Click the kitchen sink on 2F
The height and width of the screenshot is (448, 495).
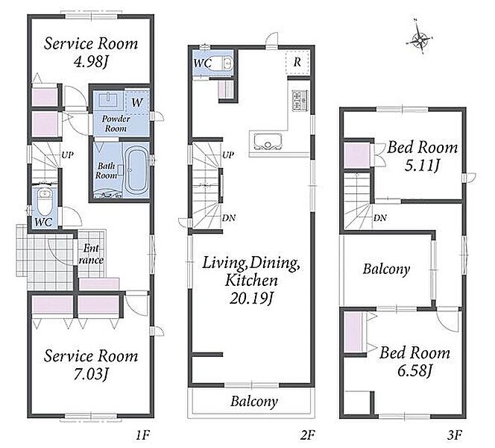click(x=268, y=141)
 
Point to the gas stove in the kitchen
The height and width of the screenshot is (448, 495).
click(x=300, y=101)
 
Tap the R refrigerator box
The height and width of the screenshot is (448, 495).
click(x=297, y=62)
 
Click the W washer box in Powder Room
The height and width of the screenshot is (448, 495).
click(x=137, y=102)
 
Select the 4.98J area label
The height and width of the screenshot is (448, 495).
click(x=91, y=62)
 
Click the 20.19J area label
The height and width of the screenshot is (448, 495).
click(x=251, y=298)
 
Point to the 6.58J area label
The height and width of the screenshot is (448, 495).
click(x=414, y=370)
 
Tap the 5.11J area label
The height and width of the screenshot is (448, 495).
click(x=422, y=165)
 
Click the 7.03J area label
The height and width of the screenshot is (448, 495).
click(x=91, y=374)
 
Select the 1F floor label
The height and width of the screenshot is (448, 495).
click(x=142, y=435)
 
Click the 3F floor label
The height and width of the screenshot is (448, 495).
click(x=454, y=435)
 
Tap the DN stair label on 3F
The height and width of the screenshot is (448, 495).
click(x=380, y=218)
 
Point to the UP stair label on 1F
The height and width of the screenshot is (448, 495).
click(x=67, y=155)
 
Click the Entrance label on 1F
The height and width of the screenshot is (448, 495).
click(x=91, y=254)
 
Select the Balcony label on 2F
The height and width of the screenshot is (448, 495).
click(x=254, y=402)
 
